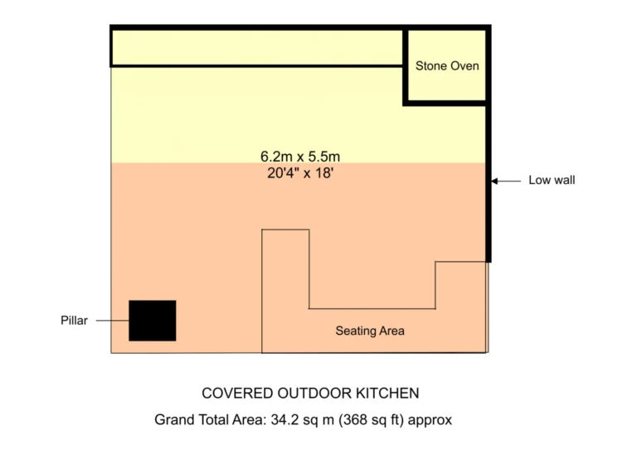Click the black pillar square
[153, 321]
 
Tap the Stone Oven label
[447, 65]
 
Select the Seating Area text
[370, 331]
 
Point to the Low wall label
[552, 180]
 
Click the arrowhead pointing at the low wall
[494, 181]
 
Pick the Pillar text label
[74, 321]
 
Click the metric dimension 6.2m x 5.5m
[300, 157]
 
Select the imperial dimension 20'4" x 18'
[300, 173]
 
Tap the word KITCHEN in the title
[387, 393]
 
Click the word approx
[430, 420]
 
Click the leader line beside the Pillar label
[113, 321]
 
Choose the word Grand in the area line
[172, 419]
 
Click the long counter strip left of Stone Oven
[256, 48]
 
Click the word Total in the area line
[212, 419]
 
